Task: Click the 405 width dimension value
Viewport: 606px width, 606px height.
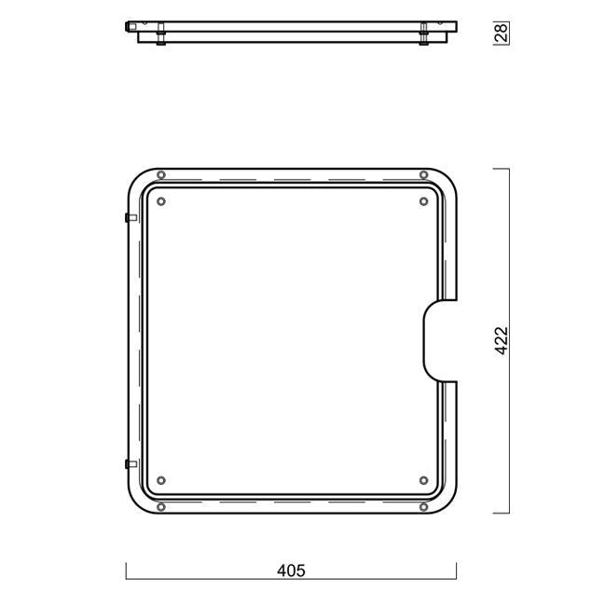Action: click(x=291, y=571)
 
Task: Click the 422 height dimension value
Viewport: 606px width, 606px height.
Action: click(x=502, y=340)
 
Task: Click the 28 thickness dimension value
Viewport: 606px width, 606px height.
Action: click(x=501, y=33)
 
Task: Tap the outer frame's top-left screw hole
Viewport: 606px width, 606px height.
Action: click(x=161, y=174)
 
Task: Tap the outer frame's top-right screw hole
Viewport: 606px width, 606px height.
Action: click(x=423, y=174)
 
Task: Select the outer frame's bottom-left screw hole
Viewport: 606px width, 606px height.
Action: click(x=161, y=506)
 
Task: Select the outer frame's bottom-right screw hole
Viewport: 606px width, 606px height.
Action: click(x=423, y=506)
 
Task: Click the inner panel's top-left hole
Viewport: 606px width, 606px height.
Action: click(x=161, y=201)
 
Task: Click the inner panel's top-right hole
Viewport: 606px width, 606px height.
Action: click(x=423, y=201)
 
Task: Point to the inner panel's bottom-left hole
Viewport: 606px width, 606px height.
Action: click(x=161, y=480)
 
